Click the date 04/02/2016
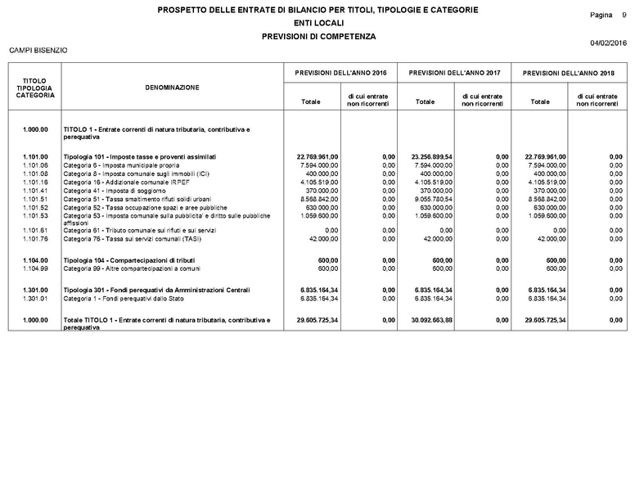click(x=607, y=43)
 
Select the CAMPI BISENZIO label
click(x=38, y=51)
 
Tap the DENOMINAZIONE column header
click(x=172, y=88)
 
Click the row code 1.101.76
click(x=36, y=239)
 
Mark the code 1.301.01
click(x=36, y=299)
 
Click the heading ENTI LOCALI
click(x=317, y=23)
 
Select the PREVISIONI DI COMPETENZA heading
click(x=317, y=37)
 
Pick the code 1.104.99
click(x=36, y=268)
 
